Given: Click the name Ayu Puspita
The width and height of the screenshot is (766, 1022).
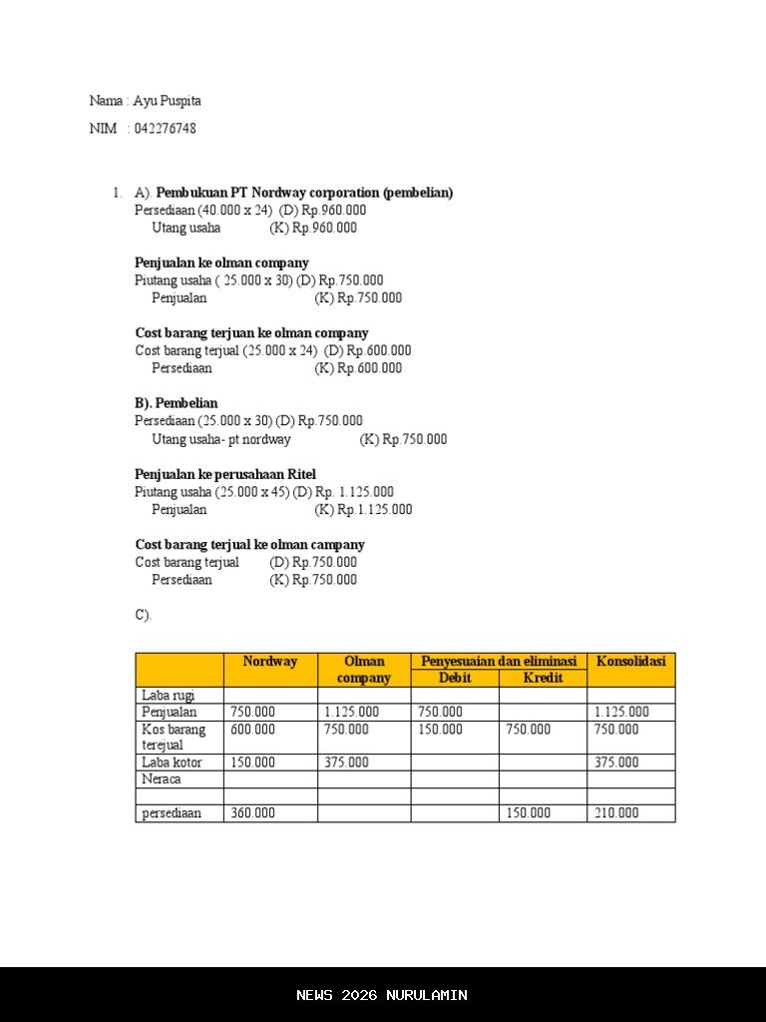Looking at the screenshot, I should coord(174,101).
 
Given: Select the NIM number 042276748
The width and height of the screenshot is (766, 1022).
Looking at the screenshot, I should coord(165,129).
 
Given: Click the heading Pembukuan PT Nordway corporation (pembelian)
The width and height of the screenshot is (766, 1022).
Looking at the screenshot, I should coord(304,193).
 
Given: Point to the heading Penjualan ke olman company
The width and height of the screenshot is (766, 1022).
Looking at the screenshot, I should coord(221,263).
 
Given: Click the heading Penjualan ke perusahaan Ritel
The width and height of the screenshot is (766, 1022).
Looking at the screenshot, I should coord(225,474).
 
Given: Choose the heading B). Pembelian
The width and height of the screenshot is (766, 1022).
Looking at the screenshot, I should coord(177,403).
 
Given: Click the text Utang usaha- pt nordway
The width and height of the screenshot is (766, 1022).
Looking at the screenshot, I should coord(221,439).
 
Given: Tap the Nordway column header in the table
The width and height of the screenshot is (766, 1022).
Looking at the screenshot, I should coord(270,662).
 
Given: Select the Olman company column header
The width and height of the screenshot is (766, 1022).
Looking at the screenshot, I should coord(364,670).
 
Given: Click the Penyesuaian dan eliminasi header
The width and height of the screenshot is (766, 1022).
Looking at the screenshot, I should coord(499,662).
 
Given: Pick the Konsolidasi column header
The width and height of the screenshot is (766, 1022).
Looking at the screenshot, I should coord(630,662).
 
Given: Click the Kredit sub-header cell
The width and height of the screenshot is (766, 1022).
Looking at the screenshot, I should coord(543,679).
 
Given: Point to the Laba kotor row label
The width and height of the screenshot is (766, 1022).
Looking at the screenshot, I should coord(172,763).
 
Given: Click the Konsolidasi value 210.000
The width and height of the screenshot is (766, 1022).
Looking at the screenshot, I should coord(616,813).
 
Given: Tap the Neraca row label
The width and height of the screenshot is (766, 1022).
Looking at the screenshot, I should coord(162,779).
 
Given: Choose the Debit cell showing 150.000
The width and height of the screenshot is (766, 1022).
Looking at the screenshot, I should coord(440,730).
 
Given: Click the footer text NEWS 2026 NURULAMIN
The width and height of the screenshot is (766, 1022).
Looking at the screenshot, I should coord(382,995).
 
